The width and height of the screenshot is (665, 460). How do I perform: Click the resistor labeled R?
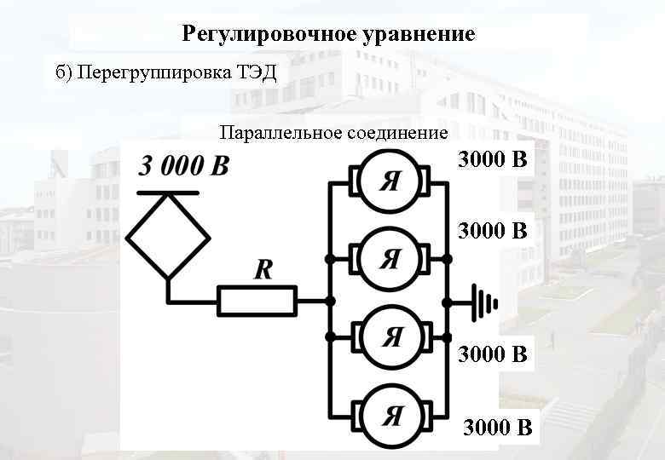257,301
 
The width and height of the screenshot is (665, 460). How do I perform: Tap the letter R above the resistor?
263,271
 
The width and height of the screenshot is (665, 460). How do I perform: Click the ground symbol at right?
483,301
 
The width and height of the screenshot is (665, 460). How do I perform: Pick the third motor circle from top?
390,337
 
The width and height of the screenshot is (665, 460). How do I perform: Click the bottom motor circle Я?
390,416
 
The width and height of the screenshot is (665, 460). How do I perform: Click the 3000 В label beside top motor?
493,159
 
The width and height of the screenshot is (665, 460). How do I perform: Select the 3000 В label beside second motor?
493,230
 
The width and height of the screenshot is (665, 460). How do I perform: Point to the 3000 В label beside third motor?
493,354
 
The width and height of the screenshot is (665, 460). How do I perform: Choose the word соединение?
397,133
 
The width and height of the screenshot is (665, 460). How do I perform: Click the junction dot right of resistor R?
330,301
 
